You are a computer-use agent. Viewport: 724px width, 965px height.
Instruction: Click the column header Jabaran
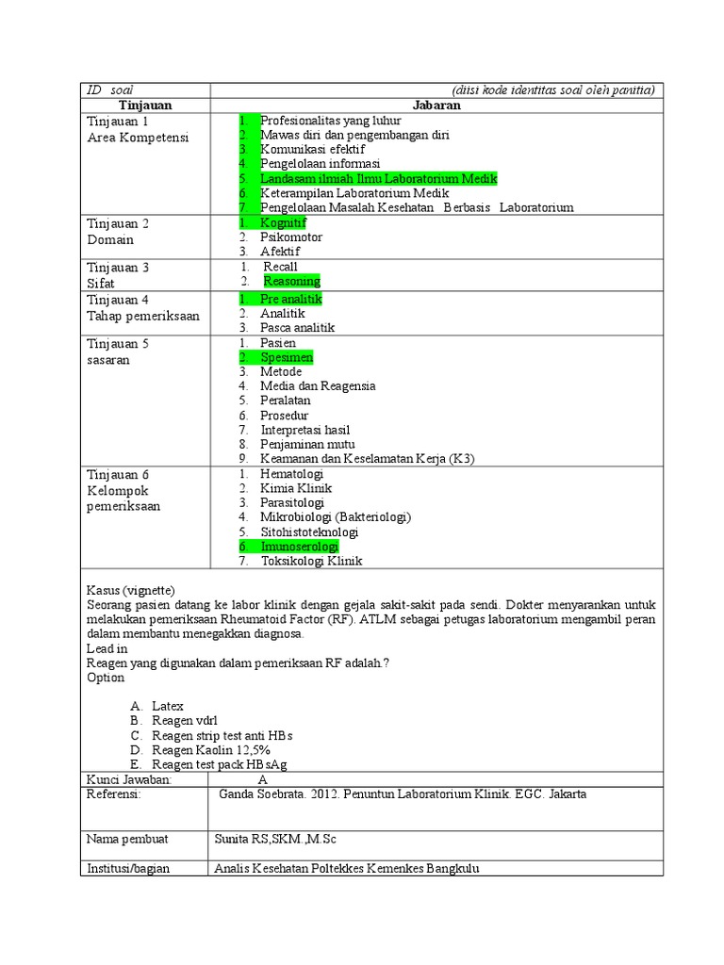(x=436, y=106)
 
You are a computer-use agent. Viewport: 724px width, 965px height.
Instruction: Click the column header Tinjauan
(x=144, y=106)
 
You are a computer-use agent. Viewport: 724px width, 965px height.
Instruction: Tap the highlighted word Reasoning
(x=291, y=281)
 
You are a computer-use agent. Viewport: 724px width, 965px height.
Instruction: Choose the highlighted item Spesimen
(x=287, y=358)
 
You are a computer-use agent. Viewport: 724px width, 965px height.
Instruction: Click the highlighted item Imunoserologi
(x=299, y=547)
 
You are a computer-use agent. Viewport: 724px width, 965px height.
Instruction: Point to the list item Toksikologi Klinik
(x=311, y=561)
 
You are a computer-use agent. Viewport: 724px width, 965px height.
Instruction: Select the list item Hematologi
(x=291, y=474)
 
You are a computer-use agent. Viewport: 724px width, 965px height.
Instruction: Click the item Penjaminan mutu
(x=307, y=444)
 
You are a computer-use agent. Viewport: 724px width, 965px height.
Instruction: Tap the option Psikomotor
(x=290, y=237)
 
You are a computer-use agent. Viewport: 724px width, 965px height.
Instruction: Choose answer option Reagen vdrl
(x=185, y=720)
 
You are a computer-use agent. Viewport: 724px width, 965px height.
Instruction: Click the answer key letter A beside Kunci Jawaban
(x=262, y=779)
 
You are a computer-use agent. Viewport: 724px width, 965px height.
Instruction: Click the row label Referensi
(x=113, y=794)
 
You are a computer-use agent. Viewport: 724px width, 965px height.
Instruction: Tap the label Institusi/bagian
(x=128, y=868)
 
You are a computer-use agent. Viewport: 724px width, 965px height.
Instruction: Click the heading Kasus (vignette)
(x=131, y=589)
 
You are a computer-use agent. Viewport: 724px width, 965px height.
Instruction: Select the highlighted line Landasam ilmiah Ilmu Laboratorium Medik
(x=378, y=178)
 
